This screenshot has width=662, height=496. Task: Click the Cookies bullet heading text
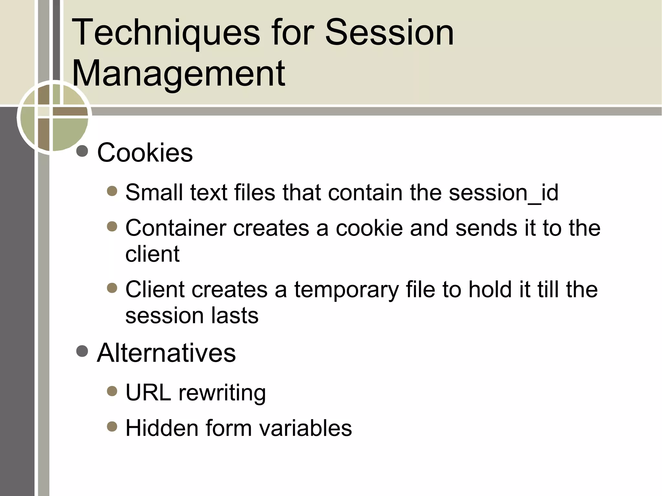point(145,153)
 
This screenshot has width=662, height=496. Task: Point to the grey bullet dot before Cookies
point(82,151)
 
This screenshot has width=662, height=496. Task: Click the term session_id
point(503,193)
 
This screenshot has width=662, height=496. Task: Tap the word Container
point(176,228)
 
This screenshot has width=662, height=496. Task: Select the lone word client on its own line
point(152,254)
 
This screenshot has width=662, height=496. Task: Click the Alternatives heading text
point(166,353)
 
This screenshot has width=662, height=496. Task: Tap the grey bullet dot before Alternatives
point(82,351)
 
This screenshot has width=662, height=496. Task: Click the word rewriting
point(222,393)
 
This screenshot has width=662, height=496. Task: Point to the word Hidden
point(162,428)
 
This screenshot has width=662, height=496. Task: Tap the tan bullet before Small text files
point(112,191)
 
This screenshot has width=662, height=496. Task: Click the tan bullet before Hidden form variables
point(112,427)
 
